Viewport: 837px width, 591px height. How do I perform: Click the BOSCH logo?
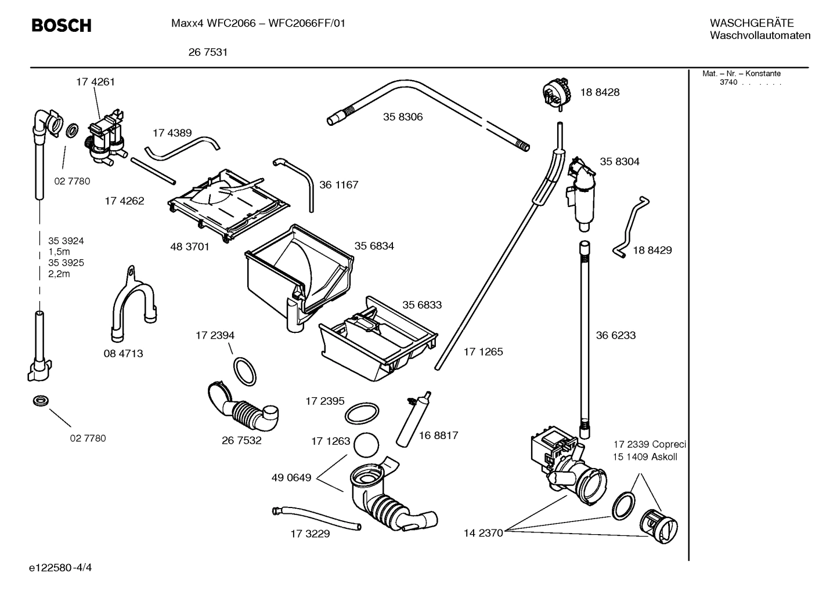(x=61, y=26)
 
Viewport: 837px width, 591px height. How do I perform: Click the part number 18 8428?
(x=600, y=92)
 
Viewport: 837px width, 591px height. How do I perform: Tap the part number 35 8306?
(x=403, y=117)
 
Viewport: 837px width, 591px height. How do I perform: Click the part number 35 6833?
(x=422, y=305)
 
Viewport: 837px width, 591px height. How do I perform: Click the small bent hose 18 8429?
(x=631, y=226)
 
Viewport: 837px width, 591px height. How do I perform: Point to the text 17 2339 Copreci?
(x=650, y=445)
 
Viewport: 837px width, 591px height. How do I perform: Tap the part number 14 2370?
(x=483, y=533)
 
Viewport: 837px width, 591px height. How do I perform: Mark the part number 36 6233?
(x=616, y=335)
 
